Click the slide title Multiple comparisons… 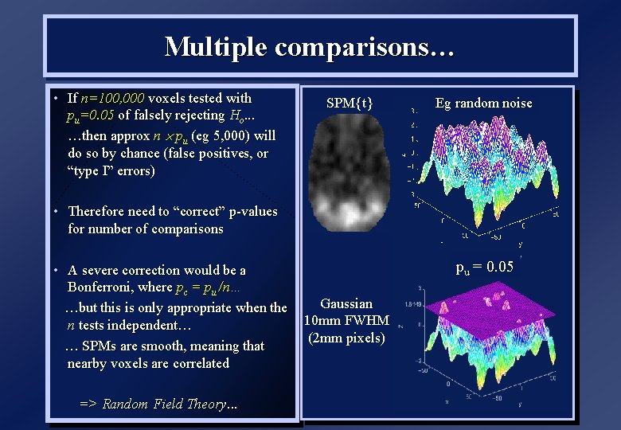coord(310,46)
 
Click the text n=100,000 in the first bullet coord(112,99)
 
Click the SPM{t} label coord(350,103)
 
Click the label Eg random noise coord(483,103)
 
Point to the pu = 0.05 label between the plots coord(484,267)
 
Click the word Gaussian coord(346,303)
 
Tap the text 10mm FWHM coord(346,320)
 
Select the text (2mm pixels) coord(346,337)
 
